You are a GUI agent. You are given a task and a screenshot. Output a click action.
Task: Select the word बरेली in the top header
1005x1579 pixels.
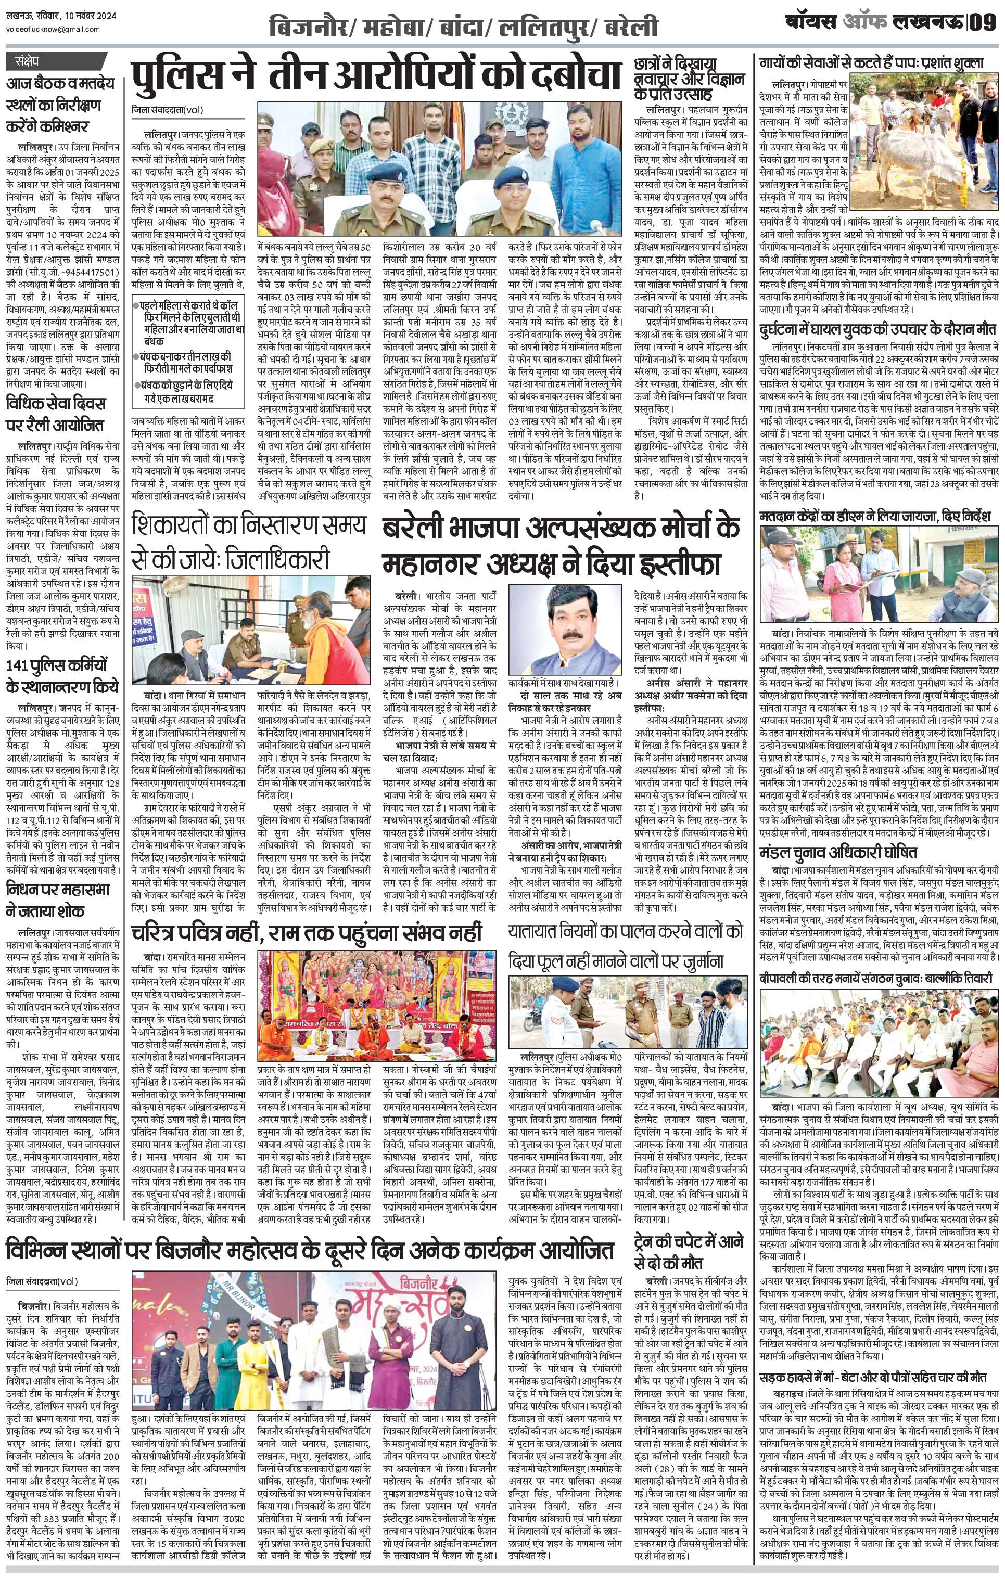click(631, 27)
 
